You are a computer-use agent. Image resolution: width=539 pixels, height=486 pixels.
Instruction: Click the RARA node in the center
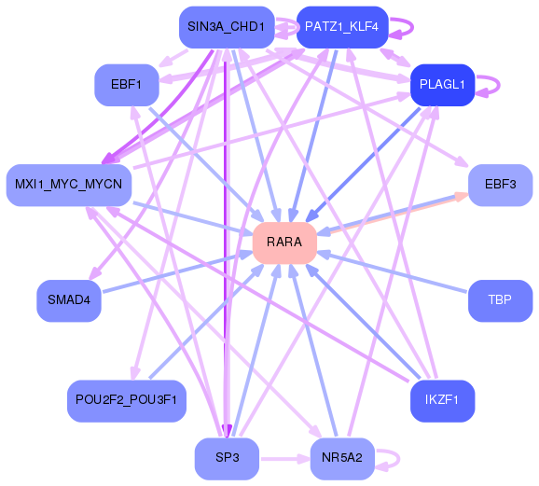[284, 243]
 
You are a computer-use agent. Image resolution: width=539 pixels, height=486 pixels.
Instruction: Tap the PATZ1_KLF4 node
[341, 27]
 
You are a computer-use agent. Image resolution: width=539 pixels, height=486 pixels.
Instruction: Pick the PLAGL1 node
[443, 85]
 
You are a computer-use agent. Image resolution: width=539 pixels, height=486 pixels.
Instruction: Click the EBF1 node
[126, 85]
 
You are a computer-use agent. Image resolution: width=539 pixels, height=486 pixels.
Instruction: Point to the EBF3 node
[500, 185]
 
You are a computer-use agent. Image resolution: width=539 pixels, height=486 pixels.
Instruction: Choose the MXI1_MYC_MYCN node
[68, 185]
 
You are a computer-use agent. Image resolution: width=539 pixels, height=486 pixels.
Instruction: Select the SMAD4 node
[68, 300]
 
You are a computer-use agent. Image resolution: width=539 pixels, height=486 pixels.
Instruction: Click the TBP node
[500, 300]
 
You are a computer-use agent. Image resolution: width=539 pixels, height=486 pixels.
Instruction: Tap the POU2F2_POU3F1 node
[127, 400]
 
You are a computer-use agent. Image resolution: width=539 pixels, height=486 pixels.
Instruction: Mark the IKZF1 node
[443, 400]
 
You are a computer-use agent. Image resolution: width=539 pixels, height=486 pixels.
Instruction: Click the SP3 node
[227, 458]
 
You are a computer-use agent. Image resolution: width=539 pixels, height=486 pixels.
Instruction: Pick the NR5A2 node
[341, 458]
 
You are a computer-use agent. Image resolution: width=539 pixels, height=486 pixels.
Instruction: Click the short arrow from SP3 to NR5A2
[283, 458]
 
